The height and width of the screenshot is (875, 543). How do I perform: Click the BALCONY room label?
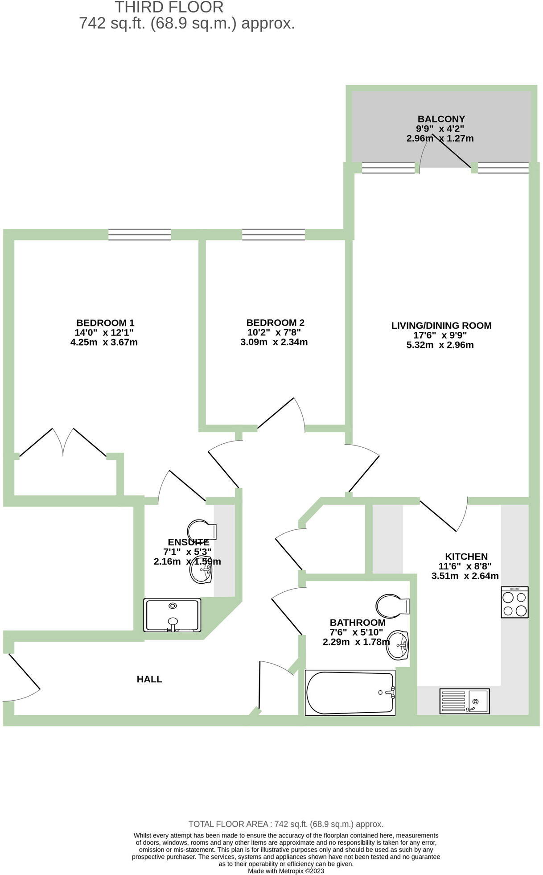pyautogui.click(x=441, y=119)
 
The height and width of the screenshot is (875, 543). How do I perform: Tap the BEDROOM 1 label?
pyautogui.click(x=105, y=322)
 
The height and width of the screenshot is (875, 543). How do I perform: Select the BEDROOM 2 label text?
pyautogui.click(x=275, y=322)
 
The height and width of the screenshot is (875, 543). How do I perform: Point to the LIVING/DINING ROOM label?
pyautogui.click(x=441, y=326)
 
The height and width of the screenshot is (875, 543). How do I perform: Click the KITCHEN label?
pyautogui.click(x=466, y=557)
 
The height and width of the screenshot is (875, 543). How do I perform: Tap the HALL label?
pyautogui.click(x=149, y=679)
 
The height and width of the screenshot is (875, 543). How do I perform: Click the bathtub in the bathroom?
pyautogui.click(x=350, y=693)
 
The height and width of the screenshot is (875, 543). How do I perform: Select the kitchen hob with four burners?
pyautogui.click(x=514, y=602)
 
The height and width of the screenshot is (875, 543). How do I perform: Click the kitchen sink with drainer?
pyautogui.click(x=465, y=701)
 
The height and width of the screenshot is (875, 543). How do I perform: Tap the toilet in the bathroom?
pyautogui.click(x=392, y=606)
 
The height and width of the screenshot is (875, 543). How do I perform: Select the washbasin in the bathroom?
pyautogui.click(x=397, y=645)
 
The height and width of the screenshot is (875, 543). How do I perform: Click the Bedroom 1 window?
pyautogui.click(x=140, y=235)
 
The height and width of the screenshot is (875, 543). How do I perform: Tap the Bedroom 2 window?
pyautogui.click(x=273, y=235)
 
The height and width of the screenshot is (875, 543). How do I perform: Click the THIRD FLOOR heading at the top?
pyautogui.click(x=169, y=7)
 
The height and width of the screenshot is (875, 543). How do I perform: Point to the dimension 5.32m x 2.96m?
pyautogui.click(x=440, y=345)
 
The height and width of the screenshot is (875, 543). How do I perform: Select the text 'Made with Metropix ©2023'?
pyautogui.click(x=286, y=871)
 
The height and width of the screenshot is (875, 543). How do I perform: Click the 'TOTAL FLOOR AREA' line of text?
pyautogui.click(x=286, y=824)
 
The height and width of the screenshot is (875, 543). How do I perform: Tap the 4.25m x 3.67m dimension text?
pyautogui.click(x=104, y=343)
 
